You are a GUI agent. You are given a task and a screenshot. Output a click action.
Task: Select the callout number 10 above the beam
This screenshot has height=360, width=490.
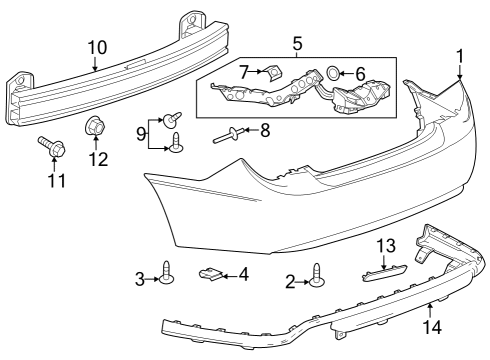[96, 46]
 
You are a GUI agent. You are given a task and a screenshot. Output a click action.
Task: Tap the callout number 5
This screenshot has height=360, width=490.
[296, 45]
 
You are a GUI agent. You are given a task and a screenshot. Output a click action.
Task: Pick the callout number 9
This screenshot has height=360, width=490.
[141, 131]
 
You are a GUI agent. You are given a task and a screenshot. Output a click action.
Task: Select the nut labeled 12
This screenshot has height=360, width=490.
[96, 126]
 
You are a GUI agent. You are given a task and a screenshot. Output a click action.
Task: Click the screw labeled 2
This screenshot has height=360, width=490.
[318, 274]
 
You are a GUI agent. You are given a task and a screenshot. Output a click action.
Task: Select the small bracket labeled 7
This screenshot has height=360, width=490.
[274, 73]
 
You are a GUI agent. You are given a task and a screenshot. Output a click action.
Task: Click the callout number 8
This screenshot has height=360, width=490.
[265, 129]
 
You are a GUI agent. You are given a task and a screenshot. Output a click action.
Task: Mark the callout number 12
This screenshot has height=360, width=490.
[96, 159]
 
